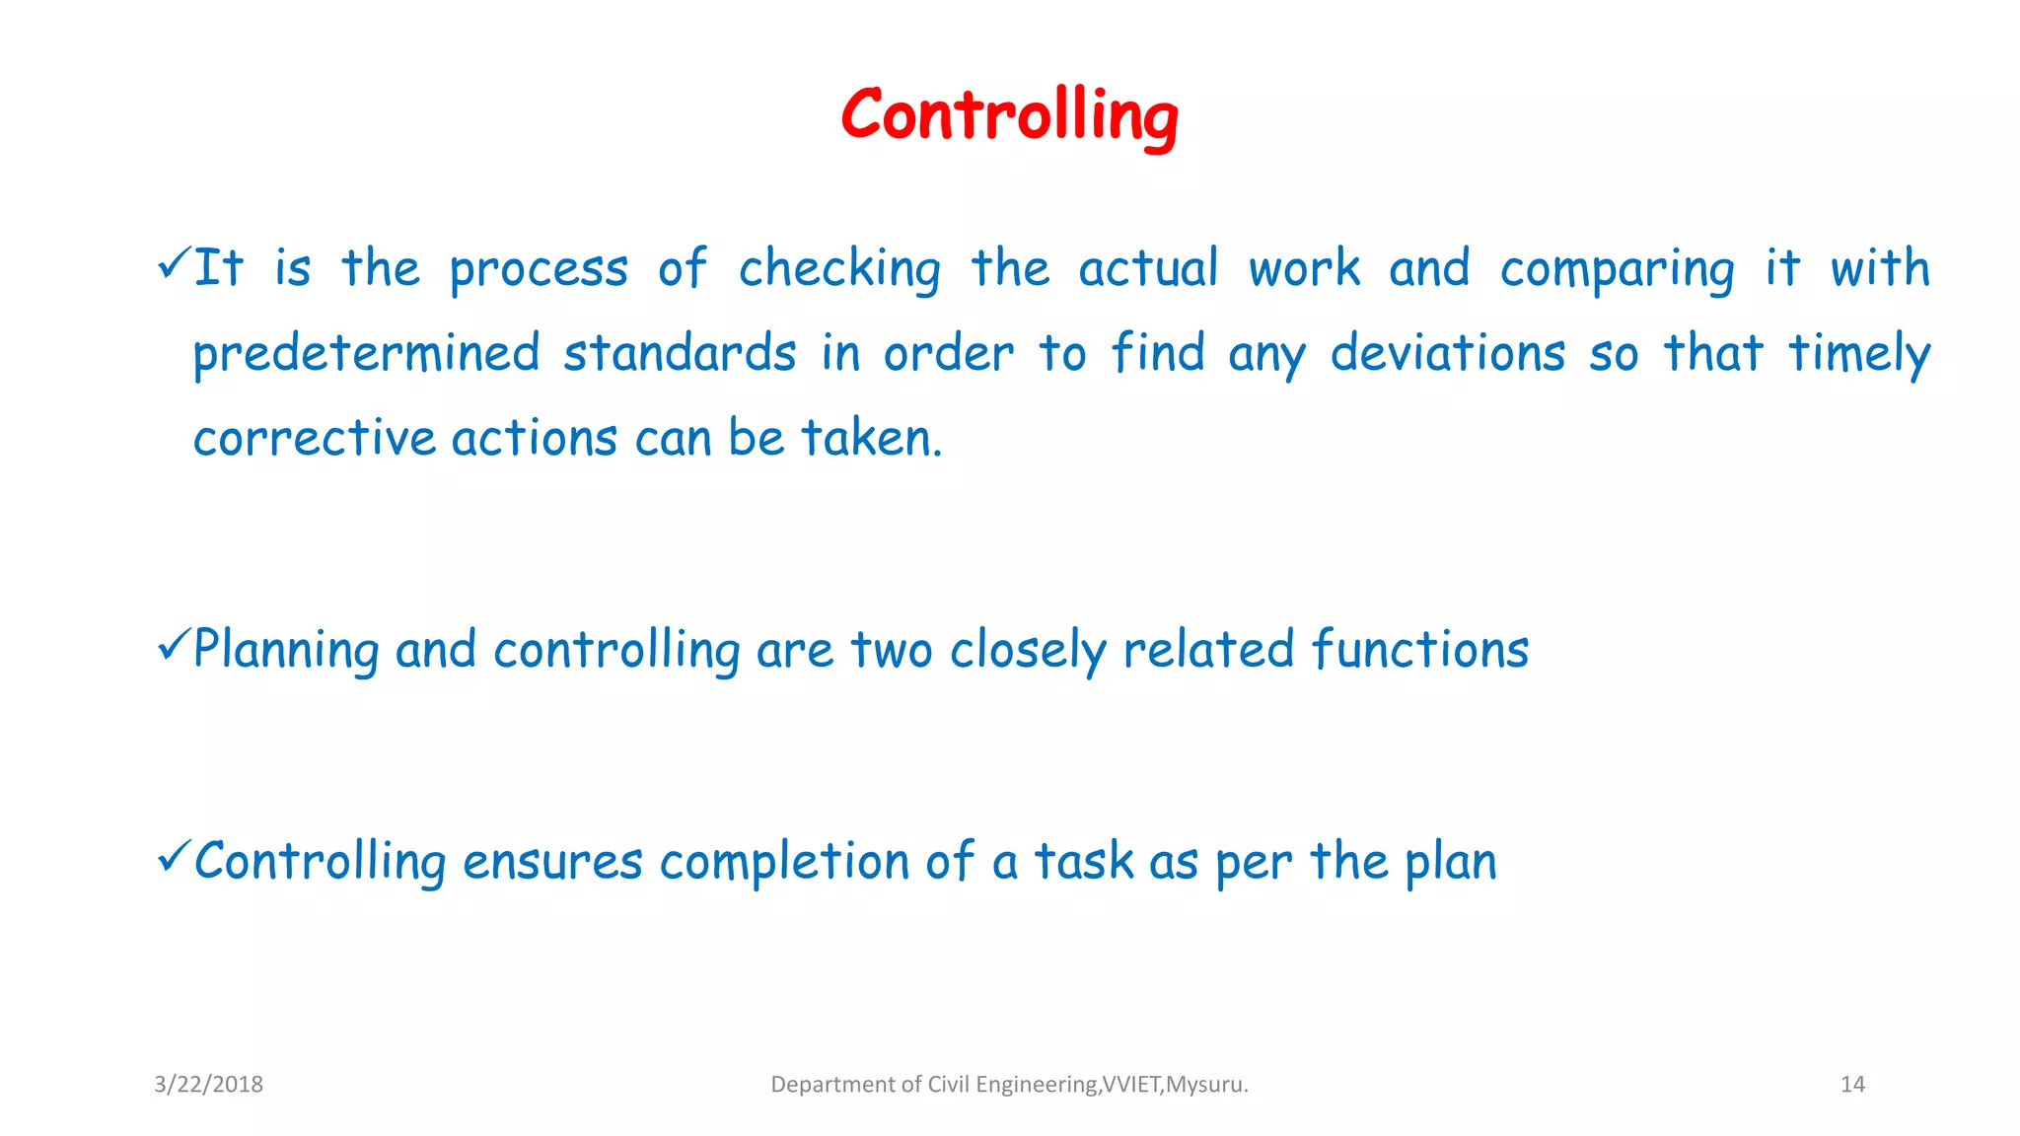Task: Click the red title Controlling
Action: [x=1009, y=116]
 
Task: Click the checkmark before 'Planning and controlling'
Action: [x=173, y=645]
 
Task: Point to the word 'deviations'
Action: [x=1447, y=353]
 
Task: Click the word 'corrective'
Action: [x=314, y=439]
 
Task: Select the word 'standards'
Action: [x=680, y=353]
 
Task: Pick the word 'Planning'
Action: [x=286, y=651]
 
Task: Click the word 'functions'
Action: [x=1420, y=650]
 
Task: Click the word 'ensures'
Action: [x=552, y=862]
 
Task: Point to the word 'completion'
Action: [x=783, y=863]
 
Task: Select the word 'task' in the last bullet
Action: [x=1083, y=862]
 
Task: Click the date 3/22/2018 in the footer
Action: [x=208, y=1085]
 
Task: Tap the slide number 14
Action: [x=1852, y=1085]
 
